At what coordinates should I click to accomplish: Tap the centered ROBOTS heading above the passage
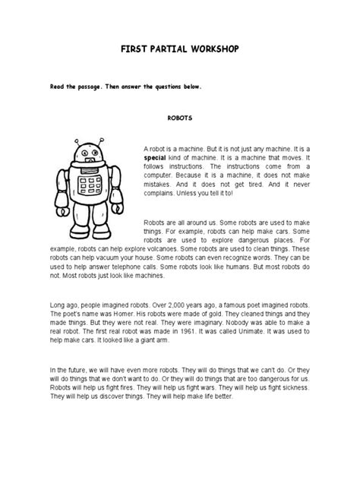179,118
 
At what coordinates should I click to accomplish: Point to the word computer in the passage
159,172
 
